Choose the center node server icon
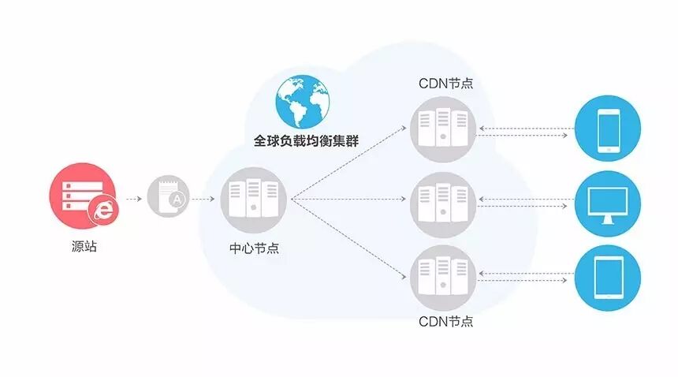[x=253, y=199]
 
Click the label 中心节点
[x=254, y=248]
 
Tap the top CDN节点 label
[x=445, y=83]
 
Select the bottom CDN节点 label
[x=445, y=322]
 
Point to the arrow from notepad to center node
[x=203, y=199]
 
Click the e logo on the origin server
[x=102, y=208]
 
